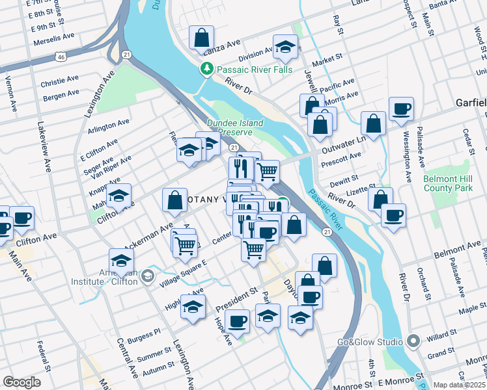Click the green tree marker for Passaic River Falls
(207, 69)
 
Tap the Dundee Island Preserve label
(235, 127)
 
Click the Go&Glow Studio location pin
(413, 341)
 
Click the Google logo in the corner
(21, 382)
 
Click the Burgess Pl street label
(143, 333)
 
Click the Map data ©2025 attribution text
(458, 385)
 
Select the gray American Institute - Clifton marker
(148, 276)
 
